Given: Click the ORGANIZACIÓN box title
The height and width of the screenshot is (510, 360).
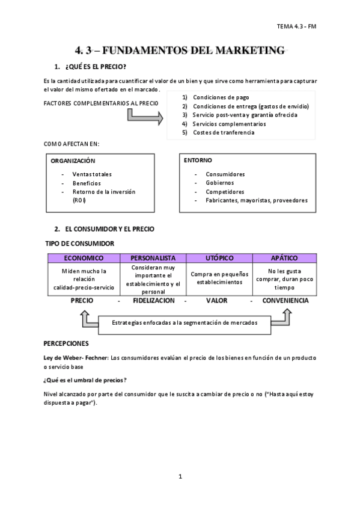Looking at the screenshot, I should click(x=73, y=161).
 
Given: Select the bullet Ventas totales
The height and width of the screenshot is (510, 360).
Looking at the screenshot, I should click(x=91, y=174).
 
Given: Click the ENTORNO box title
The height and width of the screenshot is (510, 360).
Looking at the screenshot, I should click(x=198, y=161).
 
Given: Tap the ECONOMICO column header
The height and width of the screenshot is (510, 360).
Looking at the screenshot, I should click(x=84, y=258).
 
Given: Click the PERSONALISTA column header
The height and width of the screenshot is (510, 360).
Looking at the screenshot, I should click(x=153, y=258).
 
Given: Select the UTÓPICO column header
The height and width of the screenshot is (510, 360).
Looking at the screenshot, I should click(x=219, y=258).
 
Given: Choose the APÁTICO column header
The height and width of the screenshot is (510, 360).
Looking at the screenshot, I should click(x=284, y=258).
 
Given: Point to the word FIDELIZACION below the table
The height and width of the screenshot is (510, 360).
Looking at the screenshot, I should click(x=153, y=300).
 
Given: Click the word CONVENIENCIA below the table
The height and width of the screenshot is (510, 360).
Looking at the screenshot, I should click(x=285, y=300).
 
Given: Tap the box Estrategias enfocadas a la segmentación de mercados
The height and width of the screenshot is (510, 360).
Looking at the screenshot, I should click(x=185, y=323).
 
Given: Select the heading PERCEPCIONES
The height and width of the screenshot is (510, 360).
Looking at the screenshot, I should click(x=67, y=343).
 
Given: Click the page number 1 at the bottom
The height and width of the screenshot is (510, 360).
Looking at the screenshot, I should click(x=180, y=476).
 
